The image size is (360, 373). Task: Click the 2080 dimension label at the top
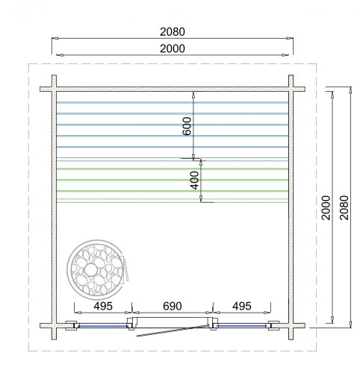point(173,32)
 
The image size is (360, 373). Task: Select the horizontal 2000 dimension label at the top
point(173,48)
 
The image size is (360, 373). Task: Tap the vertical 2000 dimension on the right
point(326,207)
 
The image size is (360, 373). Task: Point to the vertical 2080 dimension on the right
point(344,207)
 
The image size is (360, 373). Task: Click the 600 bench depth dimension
point(187,126)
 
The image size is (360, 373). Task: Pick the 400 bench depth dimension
point(195,181)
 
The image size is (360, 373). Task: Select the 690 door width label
point(173,306)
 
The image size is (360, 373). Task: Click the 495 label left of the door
point(103,306)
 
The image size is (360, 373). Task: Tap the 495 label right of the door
point(242,306)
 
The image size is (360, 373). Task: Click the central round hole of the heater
point(90,270)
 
